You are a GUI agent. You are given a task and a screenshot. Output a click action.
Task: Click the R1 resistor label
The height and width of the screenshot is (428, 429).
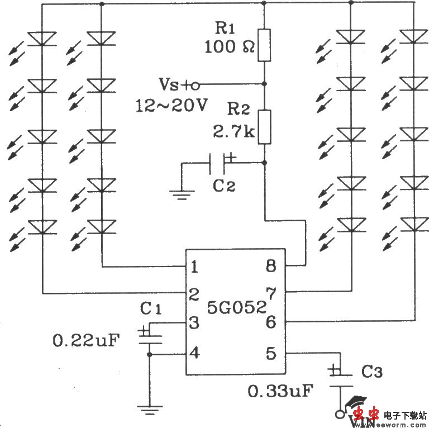coord(225,28)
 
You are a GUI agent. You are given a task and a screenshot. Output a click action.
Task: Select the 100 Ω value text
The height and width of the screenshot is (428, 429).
coord(229,47)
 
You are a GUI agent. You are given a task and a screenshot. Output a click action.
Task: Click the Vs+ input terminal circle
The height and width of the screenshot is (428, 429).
coord(194,85)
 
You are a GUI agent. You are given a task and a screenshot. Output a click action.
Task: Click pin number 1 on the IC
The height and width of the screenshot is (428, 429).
coord(194,267)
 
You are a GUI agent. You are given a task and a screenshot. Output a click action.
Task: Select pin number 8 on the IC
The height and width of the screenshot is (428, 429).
coord(271,267)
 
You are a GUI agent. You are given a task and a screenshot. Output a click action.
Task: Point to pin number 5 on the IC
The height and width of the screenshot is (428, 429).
coord(271,353)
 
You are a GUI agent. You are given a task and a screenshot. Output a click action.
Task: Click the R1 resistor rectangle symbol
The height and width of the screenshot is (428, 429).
coord(264,45)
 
